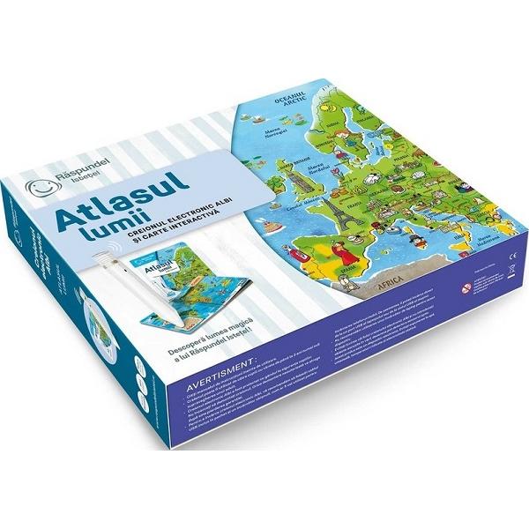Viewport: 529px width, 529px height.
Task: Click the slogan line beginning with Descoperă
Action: [227, 335]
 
